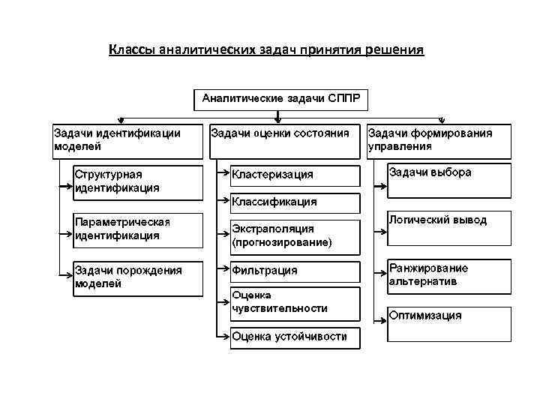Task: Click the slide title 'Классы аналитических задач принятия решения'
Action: click(266, 50)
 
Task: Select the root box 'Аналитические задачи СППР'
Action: click(280, 99)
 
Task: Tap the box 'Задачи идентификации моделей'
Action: click(127, 140)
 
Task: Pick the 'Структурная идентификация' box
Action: click(136, 182)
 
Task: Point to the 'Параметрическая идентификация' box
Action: click(136, 229)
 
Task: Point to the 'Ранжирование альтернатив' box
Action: click(447, 275)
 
